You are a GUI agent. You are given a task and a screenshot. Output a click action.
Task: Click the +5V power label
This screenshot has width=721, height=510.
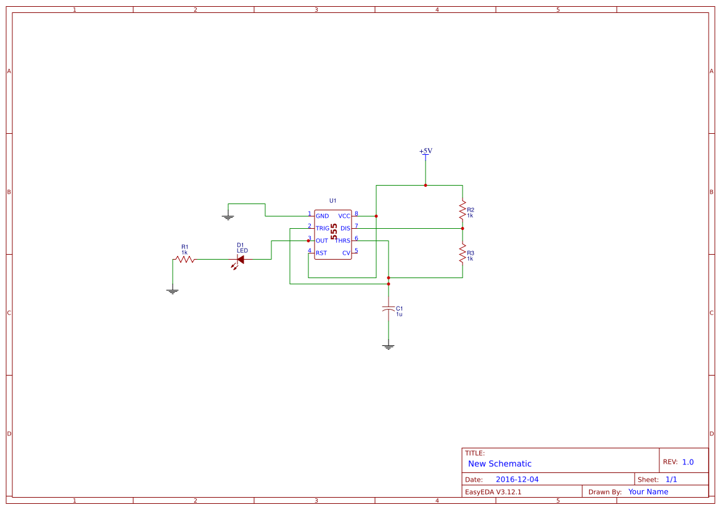coord(426,151)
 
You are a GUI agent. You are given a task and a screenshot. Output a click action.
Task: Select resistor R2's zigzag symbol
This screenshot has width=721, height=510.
coord(462,211)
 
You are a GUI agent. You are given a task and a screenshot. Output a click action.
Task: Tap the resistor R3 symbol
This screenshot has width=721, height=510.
coord(462,253)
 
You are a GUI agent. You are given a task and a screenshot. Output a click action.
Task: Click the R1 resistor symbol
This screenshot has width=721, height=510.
coord(185,260)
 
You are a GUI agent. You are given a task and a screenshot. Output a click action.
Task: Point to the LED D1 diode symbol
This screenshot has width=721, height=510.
coord(240,260)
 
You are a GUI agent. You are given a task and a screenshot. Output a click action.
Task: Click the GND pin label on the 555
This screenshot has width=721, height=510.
coord(322,216)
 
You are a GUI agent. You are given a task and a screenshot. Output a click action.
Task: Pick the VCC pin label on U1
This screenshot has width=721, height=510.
coord(344,216)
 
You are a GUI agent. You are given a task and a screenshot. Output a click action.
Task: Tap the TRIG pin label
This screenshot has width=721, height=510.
coord(323,229)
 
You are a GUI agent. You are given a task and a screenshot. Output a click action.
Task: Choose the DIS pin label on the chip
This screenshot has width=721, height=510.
coord(345,229)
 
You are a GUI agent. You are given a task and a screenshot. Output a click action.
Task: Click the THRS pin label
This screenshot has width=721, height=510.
coord(343,241)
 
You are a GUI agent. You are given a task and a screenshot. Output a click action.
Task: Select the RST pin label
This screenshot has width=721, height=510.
coord(321,253)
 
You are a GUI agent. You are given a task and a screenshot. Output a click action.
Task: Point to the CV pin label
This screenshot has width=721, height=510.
coord(346,253)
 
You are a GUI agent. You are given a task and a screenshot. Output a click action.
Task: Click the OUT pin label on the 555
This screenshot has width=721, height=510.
coord(322,241)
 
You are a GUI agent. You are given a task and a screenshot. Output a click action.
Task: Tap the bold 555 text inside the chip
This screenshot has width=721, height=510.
coord(334,232)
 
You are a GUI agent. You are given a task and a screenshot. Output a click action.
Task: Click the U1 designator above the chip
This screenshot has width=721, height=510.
coord(332,201)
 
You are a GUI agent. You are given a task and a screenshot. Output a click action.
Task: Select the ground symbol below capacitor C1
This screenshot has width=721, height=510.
coord(388,347)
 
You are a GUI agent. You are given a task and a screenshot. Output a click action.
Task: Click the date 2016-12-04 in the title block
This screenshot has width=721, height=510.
coord(517,479)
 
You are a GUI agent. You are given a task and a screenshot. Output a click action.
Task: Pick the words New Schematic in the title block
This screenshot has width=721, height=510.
coord(500,464)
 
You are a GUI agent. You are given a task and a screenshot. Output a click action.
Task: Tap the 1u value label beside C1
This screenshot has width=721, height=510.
coord(399,315)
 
